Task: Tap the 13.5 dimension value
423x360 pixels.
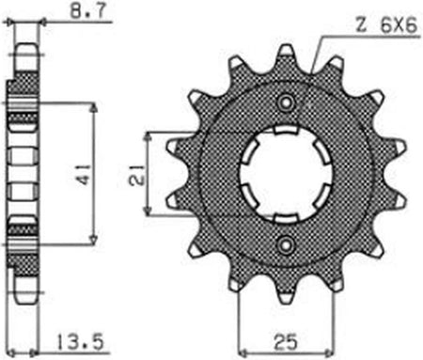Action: pyautogui.click(x=80, y=342)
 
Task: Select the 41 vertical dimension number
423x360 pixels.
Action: pyautogui.click(x=84, y=174)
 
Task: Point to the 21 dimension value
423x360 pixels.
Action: pyautogui.click(x=138, y=174)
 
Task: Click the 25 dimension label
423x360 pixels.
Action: pyautogui.click(x=286, y=342)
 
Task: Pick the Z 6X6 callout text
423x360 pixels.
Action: pyautogui.click(x=386, y=25)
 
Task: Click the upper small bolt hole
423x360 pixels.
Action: pyautogui.click(x=286, y=102)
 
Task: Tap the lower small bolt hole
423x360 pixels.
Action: pyautogui.click(x=286, y=244)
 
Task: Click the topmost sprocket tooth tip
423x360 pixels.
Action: pyautogui.click(x=287, y=50)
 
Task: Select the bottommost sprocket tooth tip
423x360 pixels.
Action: pyautogui.click(x=286, y=298)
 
